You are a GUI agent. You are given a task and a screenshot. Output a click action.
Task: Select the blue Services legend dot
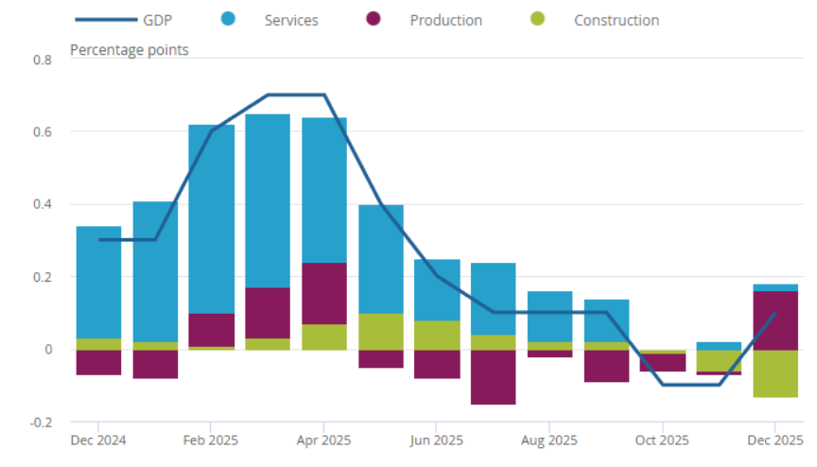[x=228, y=20]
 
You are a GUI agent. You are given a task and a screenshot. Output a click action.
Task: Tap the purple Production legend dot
[x=374, y=20]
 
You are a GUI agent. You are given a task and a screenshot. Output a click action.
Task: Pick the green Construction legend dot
[x=537, y=20]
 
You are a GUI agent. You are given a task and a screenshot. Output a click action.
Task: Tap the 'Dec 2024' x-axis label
[x=98, y=440]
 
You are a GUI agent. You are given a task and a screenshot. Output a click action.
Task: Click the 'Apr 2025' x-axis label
[x=324, y=440]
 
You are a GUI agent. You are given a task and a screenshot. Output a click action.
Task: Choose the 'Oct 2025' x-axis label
[x=663, y=440]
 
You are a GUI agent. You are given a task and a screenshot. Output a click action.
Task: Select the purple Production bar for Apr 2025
[x=324, y=293]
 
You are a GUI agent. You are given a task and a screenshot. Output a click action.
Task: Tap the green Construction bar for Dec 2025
[x=775, y=373]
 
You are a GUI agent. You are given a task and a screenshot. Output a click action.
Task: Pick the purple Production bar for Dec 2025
[x=775, y=320]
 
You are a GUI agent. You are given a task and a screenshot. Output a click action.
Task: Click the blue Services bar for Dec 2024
[x=98, y=282]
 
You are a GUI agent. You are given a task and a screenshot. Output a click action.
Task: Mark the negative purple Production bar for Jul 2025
[x=494, y=377]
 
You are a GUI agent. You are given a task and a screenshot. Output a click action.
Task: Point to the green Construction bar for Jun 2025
[x=437, y=336]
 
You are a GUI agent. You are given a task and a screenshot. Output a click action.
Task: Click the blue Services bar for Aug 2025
[x=550, y=317]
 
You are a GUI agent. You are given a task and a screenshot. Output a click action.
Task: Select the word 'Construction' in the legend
[x=617, y=20]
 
